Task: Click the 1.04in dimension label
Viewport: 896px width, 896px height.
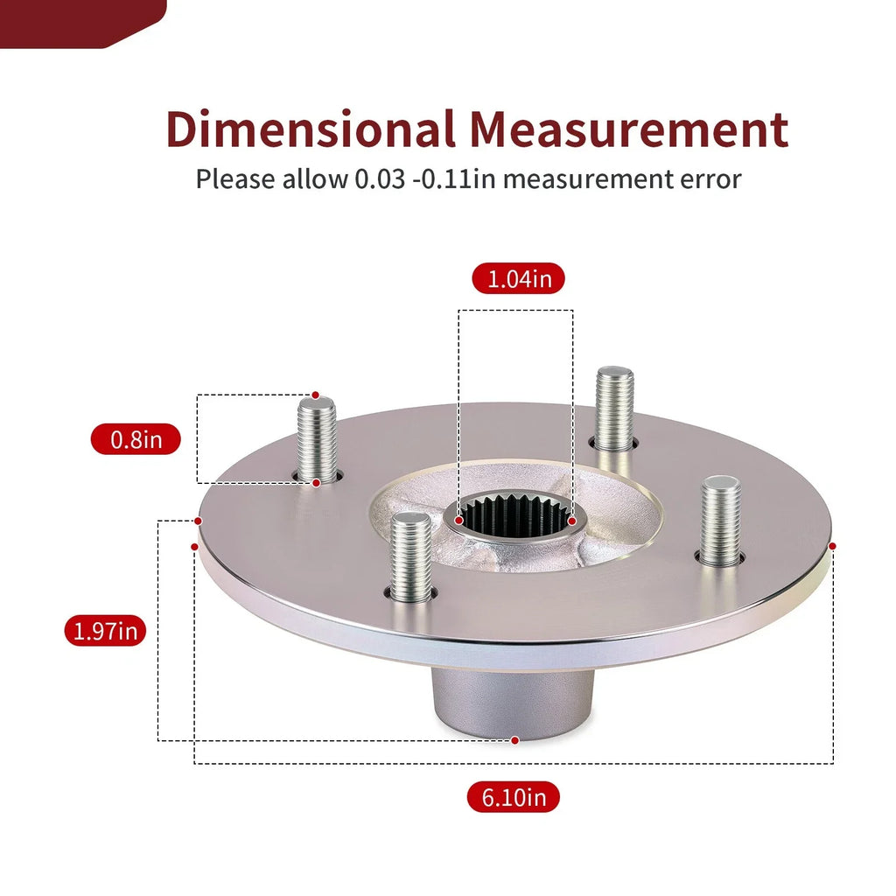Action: (x=518, y=279)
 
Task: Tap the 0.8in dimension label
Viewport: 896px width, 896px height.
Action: (x=136, y=439)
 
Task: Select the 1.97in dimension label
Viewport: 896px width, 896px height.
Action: (x=105, y=631)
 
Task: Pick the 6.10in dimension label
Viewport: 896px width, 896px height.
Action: (x=513, y=797)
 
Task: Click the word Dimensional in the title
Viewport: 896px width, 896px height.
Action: (x=311, y=129)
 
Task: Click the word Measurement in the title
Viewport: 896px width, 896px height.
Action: (x=629, y=129)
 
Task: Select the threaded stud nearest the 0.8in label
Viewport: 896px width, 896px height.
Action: (x=317, y=440)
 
